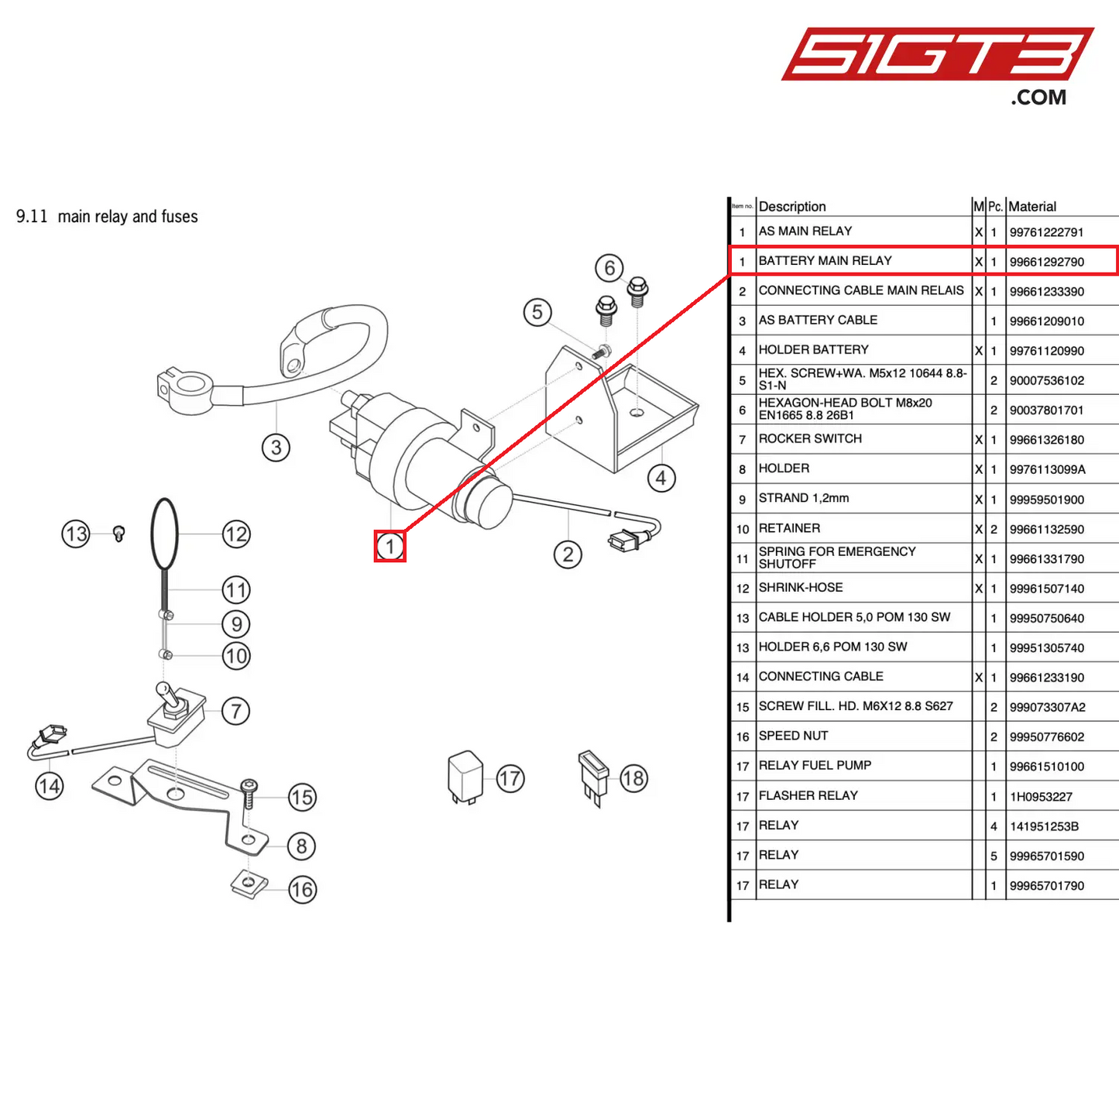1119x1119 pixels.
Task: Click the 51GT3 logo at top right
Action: pyautogui.click(x=937, y=56)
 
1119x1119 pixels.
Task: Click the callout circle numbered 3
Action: pyautogui.click(x=276, y=448)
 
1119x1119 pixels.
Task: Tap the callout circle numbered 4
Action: pyautogui.click(x=661, y=478)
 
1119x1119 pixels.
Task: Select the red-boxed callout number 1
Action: pyautogui.click(x=390, y=546)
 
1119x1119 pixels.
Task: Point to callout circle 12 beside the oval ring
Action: pyautogui.click(x=236, y=534)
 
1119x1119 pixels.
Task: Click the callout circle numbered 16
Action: pyautogui.click(x=302, y=889)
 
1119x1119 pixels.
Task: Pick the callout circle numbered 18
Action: pyautogui.click(x=633, y=778)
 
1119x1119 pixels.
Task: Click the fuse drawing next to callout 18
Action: pyautogui.click(x=592, y=776)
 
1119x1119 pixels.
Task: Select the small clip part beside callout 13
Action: pyautogui.click(x=118, y=534)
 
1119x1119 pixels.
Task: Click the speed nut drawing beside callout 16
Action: pyautogui.click(x=249, y=883)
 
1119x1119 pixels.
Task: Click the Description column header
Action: pyautogui.click(x=792, y=207)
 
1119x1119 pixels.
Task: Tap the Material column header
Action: pyautogui.click(x=1032, y=207)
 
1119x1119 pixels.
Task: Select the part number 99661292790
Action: pyautogui.click(x=1046, y=262)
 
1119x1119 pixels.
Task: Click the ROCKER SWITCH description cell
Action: pyautogui.click(x=810, y=439)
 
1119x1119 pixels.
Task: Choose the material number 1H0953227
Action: pyautogui.click(x=1041, y=797)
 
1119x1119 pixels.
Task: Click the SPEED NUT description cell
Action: pyautogui.click(x=794, y=736)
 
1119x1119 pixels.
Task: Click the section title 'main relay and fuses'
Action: pyautogui.click(x=128, y=217)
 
